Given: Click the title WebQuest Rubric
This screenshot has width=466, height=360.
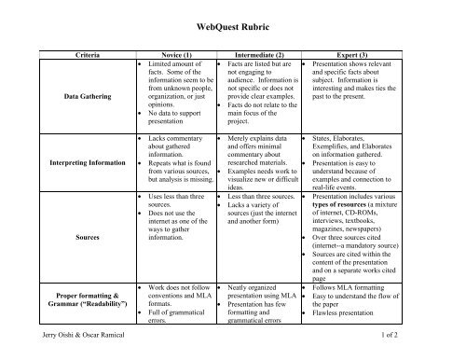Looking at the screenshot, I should click(233, 30).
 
